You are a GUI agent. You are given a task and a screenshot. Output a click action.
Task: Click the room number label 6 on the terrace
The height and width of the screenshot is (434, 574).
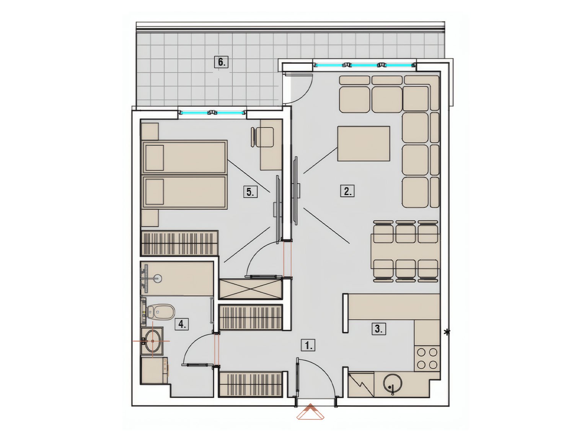(x=221, y=62)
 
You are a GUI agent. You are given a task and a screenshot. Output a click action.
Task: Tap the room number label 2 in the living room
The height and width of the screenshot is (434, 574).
(x=347, y=192)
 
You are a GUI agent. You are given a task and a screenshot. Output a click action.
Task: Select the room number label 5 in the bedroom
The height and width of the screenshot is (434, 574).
(x=250, y=192)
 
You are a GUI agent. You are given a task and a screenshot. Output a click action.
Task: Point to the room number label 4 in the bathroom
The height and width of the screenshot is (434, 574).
(x=182, y=325)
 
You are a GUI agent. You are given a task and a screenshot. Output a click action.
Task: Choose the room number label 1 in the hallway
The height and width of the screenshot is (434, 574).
(x=308, y=346)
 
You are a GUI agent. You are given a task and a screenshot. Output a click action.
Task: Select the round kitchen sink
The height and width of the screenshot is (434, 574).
(x=392, y=385)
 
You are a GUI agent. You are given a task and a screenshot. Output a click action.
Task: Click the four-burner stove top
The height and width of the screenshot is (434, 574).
(x=427, y=358)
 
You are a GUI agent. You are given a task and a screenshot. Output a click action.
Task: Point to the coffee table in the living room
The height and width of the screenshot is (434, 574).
(x=364, y=143)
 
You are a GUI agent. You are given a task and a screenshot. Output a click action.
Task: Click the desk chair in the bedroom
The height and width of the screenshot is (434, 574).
(x=262, y=137)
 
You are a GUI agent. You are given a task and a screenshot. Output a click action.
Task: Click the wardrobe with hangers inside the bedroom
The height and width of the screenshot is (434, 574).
(x=179, y=243)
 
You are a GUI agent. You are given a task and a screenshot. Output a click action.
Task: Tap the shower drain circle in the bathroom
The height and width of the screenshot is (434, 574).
(x=158, y=278)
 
